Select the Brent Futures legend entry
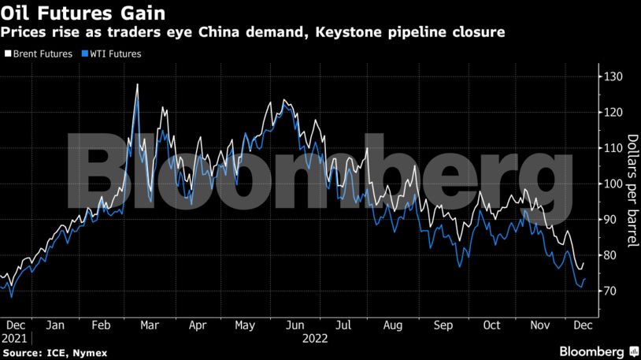(39, 54)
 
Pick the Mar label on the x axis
(150, 325)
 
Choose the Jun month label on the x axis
(295, 325)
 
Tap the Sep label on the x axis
(443, 325)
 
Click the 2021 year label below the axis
(16, 338)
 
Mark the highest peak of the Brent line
(138, 84)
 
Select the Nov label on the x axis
(540, 325)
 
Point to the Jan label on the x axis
(55, 325)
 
